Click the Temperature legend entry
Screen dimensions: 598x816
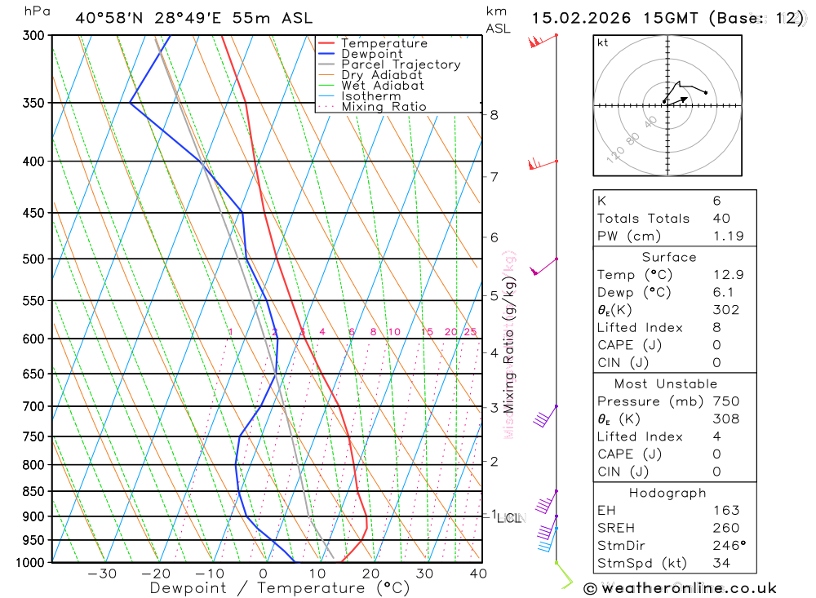384,43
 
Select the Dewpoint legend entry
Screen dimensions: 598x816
371,54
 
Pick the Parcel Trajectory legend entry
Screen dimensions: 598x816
400,64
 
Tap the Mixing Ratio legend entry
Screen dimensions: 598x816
384,107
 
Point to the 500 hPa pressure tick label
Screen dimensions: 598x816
33,259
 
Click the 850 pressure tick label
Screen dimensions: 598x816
33,491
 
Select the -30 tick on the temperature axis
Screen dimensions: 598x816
102,574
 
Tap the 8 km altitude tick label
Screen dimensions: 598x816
494,115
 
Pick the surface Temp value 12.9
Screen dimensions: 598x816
728,275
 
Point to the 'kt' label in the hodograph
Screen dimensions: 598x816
603,43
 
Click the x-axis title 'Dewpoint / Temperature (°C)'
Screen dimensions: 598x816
280,588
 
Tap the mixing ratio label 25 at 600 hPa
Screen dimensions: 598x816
470,332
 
